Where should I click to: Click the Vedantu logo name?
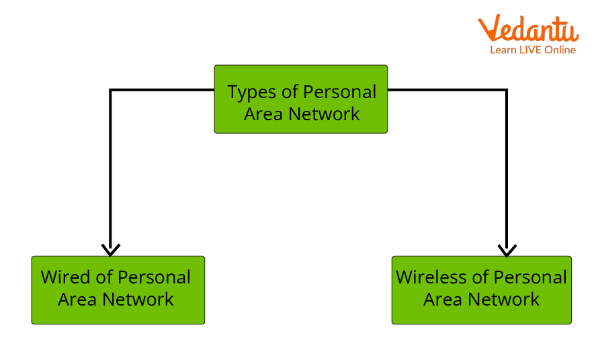(x=528, y=30)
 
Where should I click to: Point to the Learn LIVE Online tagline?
(x=533, y=50)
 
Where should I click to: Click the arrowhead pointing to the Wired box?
(x=111, y=250)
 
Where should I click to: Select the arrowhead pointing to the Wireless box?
(x=507, y=250)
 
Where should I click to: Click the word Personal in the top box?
(x=340, y=92)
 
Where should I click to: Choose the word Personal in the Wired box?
(x=154, y=277)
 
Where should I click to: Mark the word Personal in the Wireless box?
(x=530, y=277)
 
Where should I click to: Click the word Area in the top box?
(x=263, y=114)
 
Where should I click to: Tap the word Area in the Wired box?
(x=77, y=300)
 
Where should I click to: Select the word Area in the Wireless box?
(x=442, y=300)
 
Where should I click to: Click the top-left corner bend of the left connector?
(x=111, y=89)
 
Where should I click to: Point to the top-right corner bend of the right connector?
(x=506, y=89)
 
